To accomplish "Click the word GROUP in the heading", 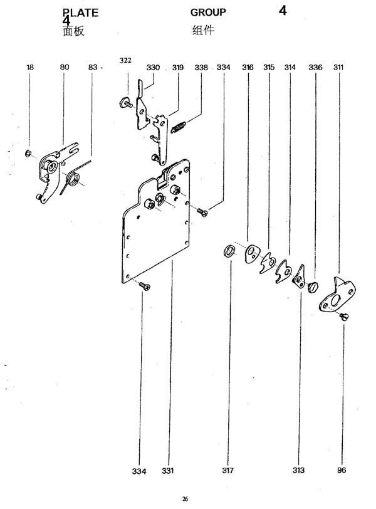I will [208, 13].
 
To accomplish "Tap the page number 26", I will [185, 499].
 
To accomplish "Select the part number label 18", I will [30, 66].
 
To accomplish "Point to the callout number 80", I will [65, 66].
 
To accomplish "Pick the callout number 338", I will [201, 66].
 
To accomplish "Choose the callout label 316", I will [248, 66].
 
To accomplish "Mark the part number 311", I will [338, 66].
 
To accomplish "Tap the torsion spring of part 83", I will [73, 181].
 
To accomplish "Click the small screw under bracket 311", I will [344, 317].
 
